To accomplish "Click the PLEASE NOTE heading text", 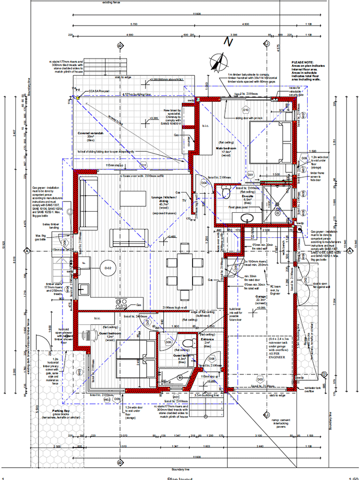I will pyautogui.click(x=302, y=62).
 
